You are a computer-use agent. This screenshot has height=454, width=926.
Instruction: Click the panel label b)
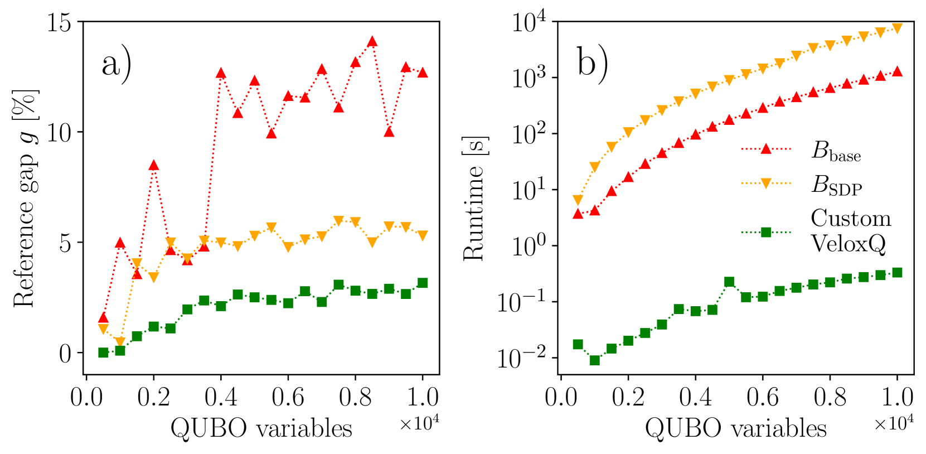(592, 63)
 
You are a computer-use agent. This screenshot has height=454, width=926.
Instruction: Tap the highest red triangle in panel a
(372, 42)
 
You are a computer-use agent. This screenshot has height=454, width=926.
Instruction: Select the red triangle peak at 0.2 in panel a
(154, 166)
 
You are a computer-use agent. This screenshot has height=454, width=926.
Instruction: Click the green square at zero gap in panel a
(103, 352)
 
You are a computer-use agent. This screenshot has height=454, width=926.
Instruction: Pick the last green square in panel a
(423, 283)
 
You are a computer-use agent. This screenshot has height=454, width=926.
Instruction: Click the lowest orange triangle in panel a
(120, 342)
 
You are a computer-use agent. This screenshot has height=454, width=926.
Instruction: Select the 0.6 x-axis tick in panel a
(288, 397)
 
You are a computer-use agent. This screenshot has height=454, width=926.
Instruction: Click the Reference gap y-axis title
(25, 198)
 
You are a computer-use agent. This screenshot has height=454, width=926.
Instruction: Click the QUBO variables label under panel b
(735, 428)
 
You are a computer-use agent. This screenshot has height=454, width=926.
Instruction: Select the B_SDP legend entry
(836, 185)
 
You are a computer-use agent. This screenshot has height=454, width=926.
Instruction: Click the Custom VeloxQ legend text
(850, 230)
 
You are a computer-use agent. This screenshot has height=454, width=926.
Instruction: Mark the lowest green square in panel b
(595, 360)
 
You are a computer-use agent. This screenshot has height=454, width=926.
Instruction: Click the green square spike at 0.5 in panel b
(729, 282)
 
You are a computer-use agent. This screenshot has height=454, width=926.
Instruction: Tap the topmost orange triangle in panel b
(897, 28)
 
